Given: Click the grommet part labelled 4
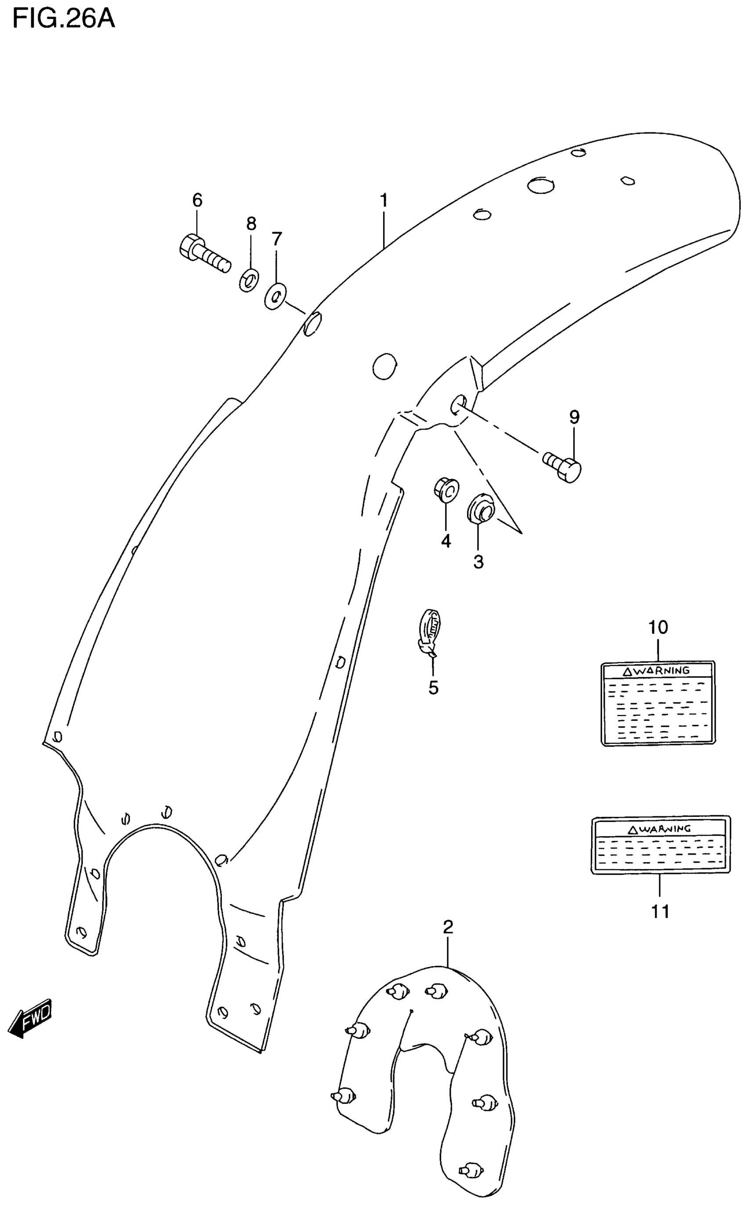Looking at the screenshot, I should coord(446,489).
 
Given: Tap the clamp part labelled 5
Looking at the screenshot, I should coord(430,632).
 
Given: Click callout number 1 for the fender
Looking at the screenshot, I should coord(384,200).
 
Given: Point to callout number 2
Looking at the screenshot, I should coord(448,927).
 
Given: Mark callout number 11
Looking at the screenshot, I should coord(660,911).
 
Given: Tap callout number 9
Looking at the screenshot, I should coord(574,417).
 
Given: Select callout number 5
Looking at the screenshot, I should coord(433,688).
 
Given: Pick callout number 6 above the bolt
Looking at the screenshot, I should coord(197,200).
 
